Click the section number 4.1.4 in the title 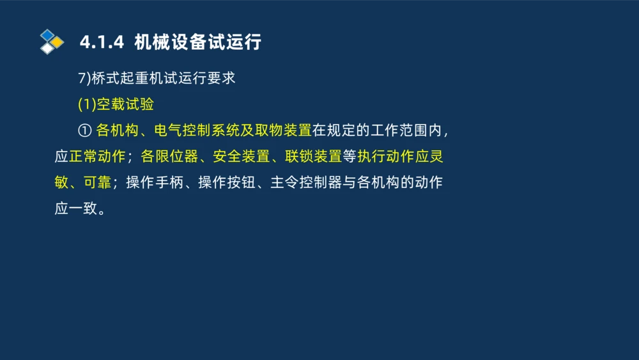[101, 43]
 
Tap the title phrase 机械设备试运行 [198, 43]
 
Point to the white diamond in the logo [47, 48]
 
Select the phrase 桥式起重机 [120, 78]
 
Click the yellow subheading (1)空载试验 [116, 105]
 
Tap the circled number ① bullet [84, 131]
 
